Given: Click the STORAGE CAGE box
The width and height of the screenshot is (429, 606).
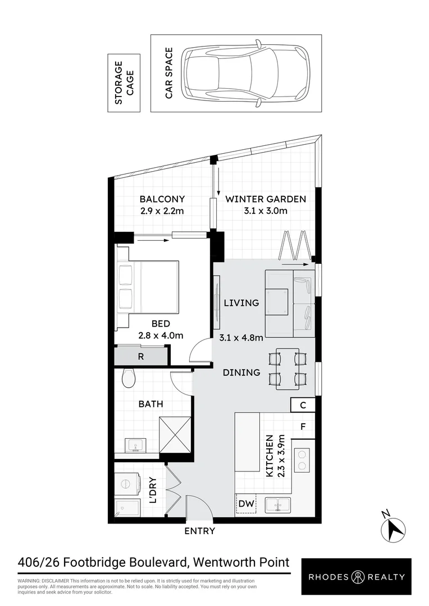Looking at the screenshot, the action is click(124, 83).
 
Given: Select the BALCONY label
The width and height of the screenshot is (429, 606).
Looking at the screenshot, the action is click(162, 199).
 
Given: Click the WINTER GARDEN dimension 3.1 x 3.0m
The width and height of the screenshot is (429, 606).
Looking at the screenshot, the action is click(266, 210).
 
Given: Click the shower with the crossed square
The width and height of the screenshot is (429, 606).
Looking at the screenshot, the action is click(175, 435).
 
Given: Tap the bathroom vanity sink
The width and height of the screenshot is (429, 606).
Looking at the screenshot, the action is click(135, 445).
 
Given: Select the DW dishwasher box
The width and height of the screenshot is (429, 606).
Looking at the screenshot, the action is click(246, 503).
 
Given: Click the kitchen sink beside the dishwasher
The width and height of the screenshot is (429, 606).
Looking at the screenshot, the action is click(278, 505).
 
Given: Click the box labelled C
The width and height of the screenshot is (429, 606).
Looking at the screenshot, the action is click(303, 405).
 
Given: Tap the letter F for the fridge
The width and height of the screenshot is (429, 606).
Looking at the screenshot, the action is click(303, 426).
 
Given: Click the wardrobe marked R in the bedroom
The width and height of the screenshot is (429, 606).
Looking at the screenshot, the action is click(141, 356).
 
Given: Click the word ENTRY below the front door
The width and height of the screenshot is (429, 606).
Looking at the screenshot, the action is click(199, 531).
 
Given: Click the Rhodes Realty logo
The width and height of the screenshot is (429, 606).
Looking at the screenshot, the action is click(356, 577).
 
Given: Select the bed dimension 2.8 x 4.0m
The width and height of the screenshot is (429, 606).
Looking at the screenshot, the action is click(161, 335).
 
